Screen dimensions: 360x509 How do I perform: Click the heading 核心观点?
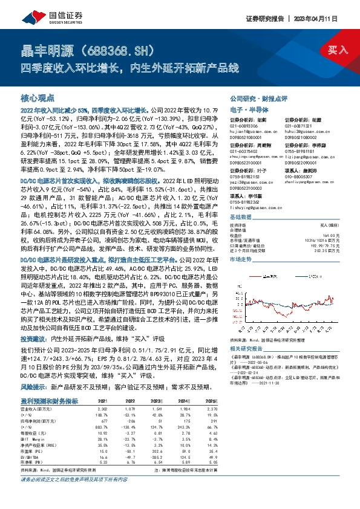(x=38, y=97)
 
